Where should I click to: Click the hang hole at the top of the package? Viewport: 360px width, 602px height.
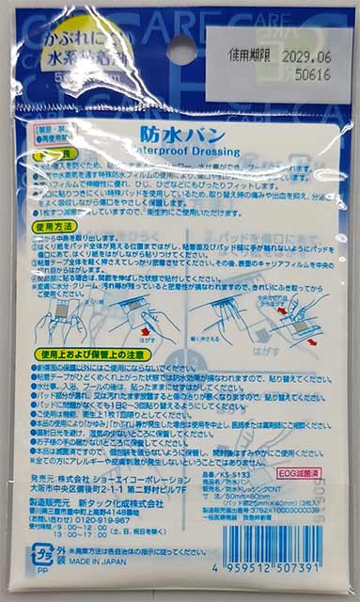tap(180, 48)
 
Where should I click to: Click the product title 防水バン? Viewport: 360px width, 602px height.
tap(180, 135)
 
